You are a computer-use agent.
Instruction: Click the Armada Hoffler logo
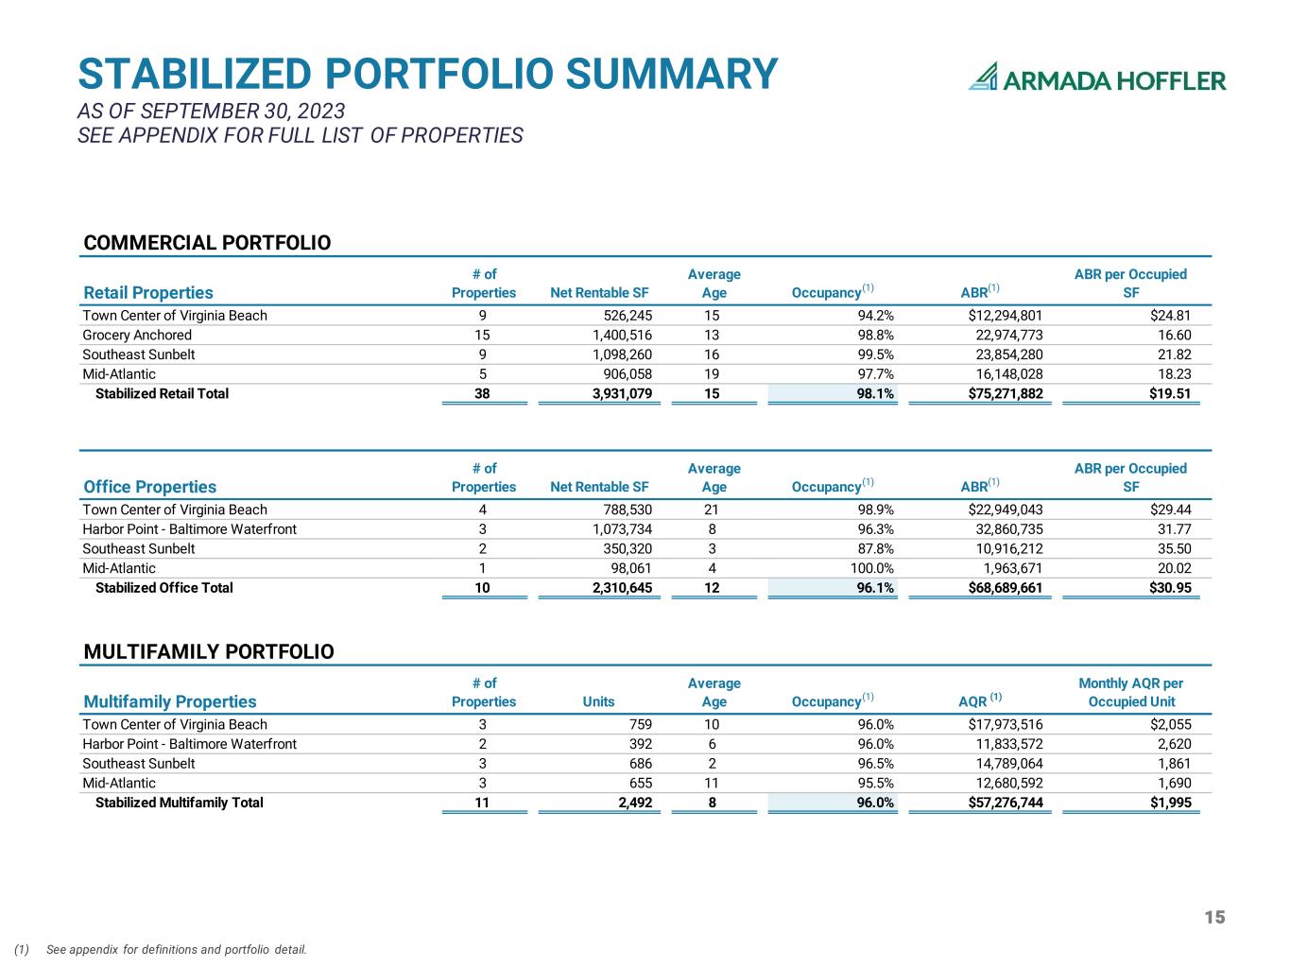pos(1096,78)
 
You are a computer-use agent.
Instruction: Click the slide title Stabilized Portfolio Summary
pos(427,75)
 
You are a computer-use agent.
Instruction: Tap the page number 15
pos(1214,917)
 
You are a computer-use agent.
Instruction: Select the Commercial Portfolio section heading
pos(207,243)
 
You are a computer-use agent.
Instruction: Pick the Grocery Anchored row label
pos(137,335)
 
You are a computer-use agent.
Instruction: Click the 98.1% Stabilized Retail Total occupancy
pos(875,393)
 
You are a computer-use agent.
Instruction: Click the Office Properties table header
pos(149,487)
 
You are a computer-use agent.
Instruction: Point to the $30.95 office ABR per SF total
pos(1170,588)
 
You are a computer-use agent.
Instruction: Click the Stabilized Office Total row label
pos(163,588)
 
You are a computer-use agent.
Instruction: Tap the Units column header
pos(598,701)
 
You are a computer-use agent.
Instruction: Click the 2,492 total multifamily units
pos(632,803)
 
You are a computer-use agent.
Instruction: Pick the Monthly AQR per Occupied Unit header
pos(1130,692)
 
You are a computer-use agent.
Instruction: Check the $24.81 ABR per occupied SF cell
pos(1170,316)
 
